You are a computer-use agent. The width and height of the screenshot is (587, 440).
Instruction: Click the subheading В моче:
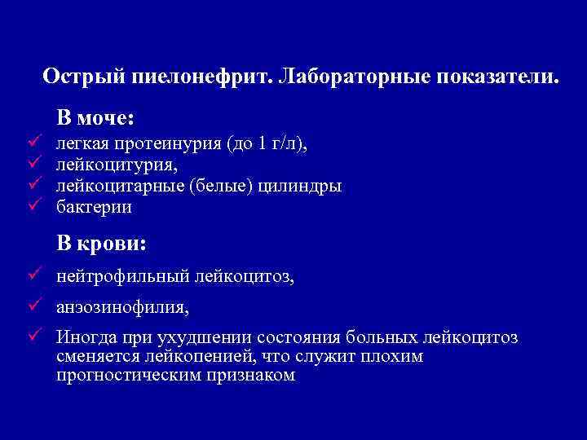tap(95, 118)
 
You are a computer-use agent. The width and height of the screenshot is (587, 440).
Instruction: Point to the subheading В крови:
tap(102, 243)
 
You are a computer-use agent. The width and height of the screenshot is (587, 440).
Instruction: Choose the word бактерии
tap(94, 208)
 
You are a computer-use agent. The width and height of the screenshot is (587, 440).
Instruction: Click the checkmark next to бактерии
tap(33, 207)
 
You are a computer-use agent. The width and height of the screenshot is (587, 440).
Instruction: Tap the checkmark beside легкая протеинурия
tap(33, 143)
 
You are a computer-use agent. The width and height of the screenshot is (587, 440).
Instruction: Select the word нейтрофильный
tap(122, 278)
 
